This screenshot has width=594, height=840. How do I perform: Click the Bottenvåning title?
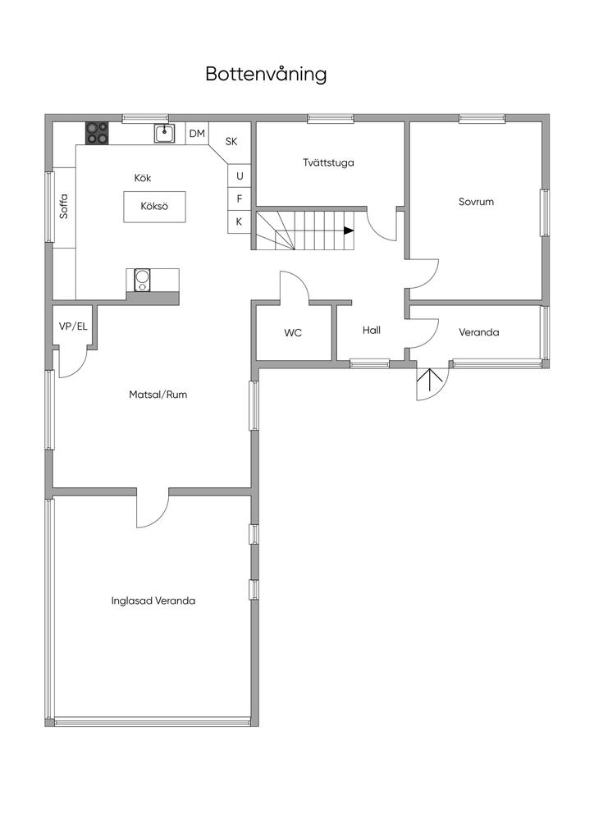pos(266,75)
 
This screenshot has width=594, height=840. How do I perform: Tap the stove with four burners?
pos(97,133)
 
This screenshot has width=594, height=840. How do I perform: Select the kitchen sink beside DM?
pos(164,133)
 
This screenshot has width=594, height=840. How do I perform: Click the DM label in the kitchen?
pos(197,134)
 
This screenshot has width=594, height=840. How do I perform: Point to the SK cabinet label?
pos(231,141)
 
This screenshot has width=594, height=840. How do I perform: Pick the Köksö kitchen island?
pos(154,206)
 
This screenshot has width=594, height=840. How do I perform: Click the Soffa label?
pos(64,205)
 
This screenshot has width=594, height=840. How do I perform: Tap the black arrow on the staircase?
pos(349,231)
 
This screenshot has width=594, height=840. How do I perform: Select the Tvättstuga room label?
pos(328,162)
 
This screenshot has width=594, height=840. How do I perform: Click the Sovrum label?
pos(476,201)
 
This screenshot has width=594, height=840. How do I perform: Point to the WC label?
pos(293,333)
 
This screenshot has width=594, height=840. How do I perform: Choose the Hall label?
pos(372,330)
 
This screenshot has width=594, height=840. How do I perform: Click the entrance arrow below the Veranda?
pos(429,379)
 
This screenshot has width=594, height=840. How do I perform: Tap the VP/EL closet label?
pos(73,326)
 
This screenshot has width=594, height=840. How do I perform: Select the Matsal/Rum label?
pos(158,395)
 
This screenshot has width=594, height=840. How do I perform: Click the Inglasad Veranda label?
pos(153,600)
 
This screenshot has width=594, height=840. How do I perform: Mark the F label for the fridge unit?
pos(240,199)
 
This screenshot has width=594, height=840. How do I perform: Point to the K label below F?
pos(240,221)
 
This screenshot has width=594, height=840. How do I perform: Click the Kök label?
pos(143,177)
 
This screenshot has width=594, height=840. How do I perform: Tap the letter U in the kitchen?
pos(240,176)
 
